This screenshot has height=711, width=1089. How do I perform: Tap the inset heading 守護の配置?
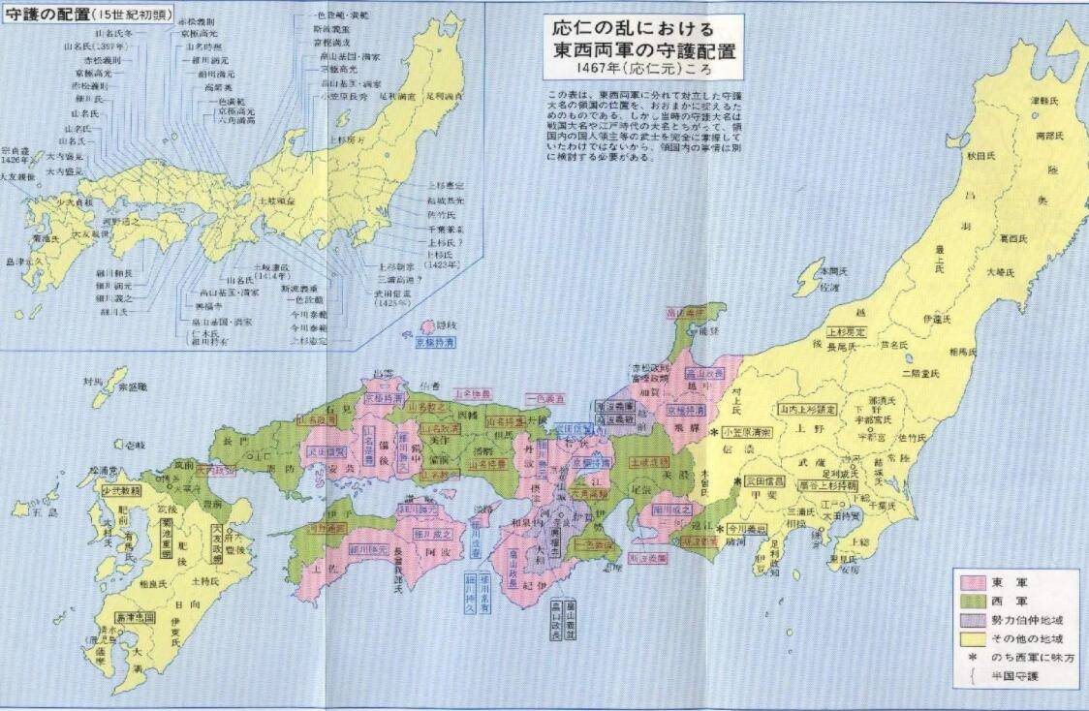pyautogui.click(x=43, y=14)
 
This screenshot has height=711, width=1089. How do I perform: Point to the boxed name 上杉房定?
pyautogui.click(x=848, y=330)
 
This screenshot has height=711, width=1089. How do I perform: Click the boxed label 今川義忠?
pyautogui.click(x=747, y=530)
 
